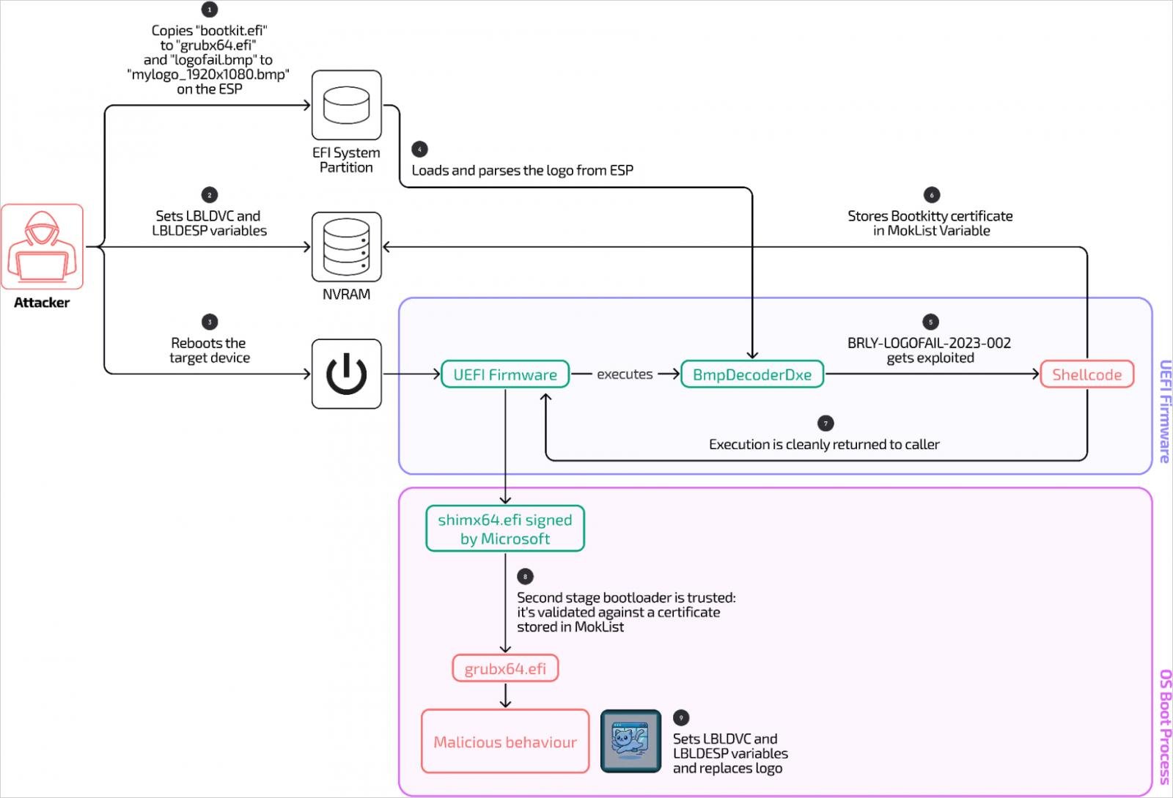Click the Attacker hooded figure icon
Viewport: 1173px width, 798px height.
(42, 246)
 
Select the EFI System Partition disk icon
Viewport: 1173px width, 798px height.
(346, 106)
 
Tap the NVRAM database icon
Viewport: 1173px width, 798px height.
(346, 246)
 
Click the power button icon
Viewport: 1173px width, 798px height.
(346, 374)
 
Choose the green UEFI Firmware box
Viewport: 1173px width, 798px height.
(505, 374)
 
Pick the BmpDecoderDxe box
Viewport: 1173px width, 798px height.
(752, 374)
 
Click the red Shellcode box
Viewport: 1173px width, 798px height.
(1086, 374)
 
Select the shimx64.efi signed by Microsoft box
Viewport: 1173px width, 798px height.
(505, 528)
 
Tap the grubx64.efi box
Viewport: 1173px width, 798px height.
(505, 668)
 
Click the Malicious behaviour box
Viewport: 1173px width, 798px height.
(505, 741)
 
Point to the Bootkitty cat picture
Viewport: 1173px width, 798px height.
(630, 741)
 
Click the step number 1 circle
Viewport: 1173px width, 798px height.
(210, 10)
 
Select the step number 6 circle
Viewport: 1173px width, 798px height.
(931, 195)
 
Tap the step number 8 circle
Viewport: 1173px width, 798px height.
(525, 577)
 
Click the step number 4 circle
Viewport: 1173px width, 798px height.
(419, 149)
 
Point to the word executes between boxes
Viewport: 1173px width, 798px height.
(624, 374)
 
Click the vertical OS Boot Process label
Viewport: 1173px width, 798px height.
(1165, 727)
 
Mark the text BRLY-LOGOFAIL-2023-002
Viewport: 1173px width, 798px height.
(930, 343)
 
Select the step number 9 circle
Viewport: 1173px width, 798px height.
(681, 717)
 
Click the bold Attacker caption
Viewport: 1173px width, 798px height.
(41, 303)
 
